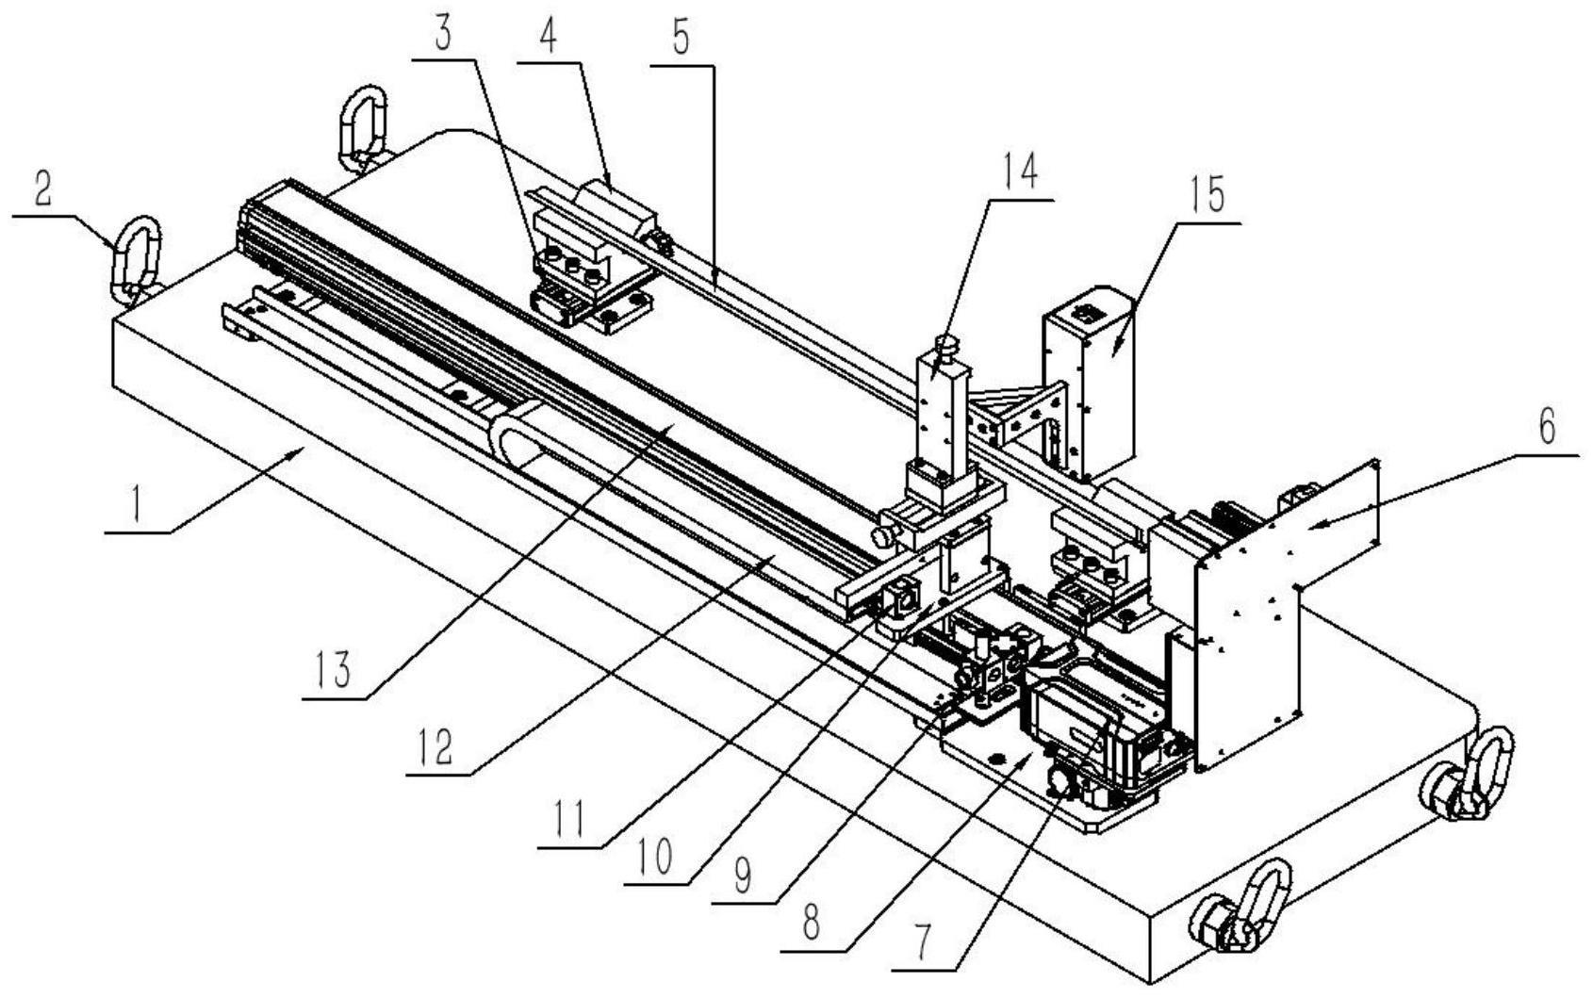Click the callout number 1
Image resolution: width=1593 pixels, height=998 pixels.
click(137, 506)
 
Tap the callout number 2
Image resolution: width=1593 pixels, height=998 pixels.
click(42, 190)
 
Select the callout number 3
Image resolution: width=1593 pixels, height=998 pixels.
click(443, 33)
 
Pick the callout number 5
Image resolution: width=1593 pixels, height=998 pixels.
click(681, 38)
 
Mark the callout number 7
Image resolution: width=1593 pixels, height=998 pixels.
click(923, 939)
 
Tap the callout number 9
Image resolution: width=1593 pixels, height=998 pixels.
click(743, 876)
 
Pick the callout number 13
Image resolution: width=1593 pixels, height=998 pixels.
click(334, 671)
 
